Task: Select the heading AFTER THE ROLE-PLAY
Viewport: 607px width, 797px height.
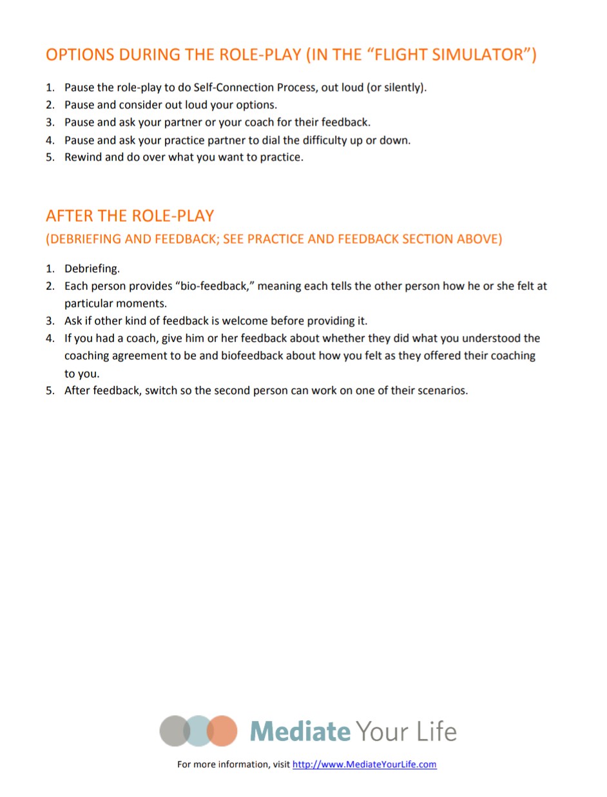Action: point(130,215)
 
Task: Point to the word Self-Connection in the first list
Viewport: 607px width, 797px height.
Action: point(231,88)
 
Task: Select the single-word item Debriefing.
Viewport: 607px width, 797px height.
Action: point(92,269)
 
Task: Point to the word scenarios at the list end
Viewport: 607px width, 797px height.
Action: point(442,390)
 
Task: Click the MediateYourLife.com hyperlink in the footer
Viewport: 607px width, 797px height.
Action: point(365,765)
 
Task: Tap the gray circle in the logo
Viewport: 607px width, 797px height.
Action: point(173,731)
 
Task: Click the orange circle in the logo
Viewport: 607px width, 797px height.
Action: point(224,731)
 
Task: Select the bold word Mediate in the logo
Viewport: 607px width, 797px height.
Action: point(300,731)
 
